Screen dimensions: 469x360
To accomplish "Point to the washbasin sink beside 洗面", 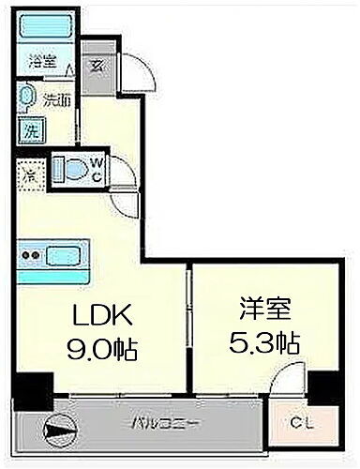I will click(x=28, y=98).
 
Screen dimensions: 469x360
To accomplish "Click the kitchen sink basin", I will click(x=64, y=253).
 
